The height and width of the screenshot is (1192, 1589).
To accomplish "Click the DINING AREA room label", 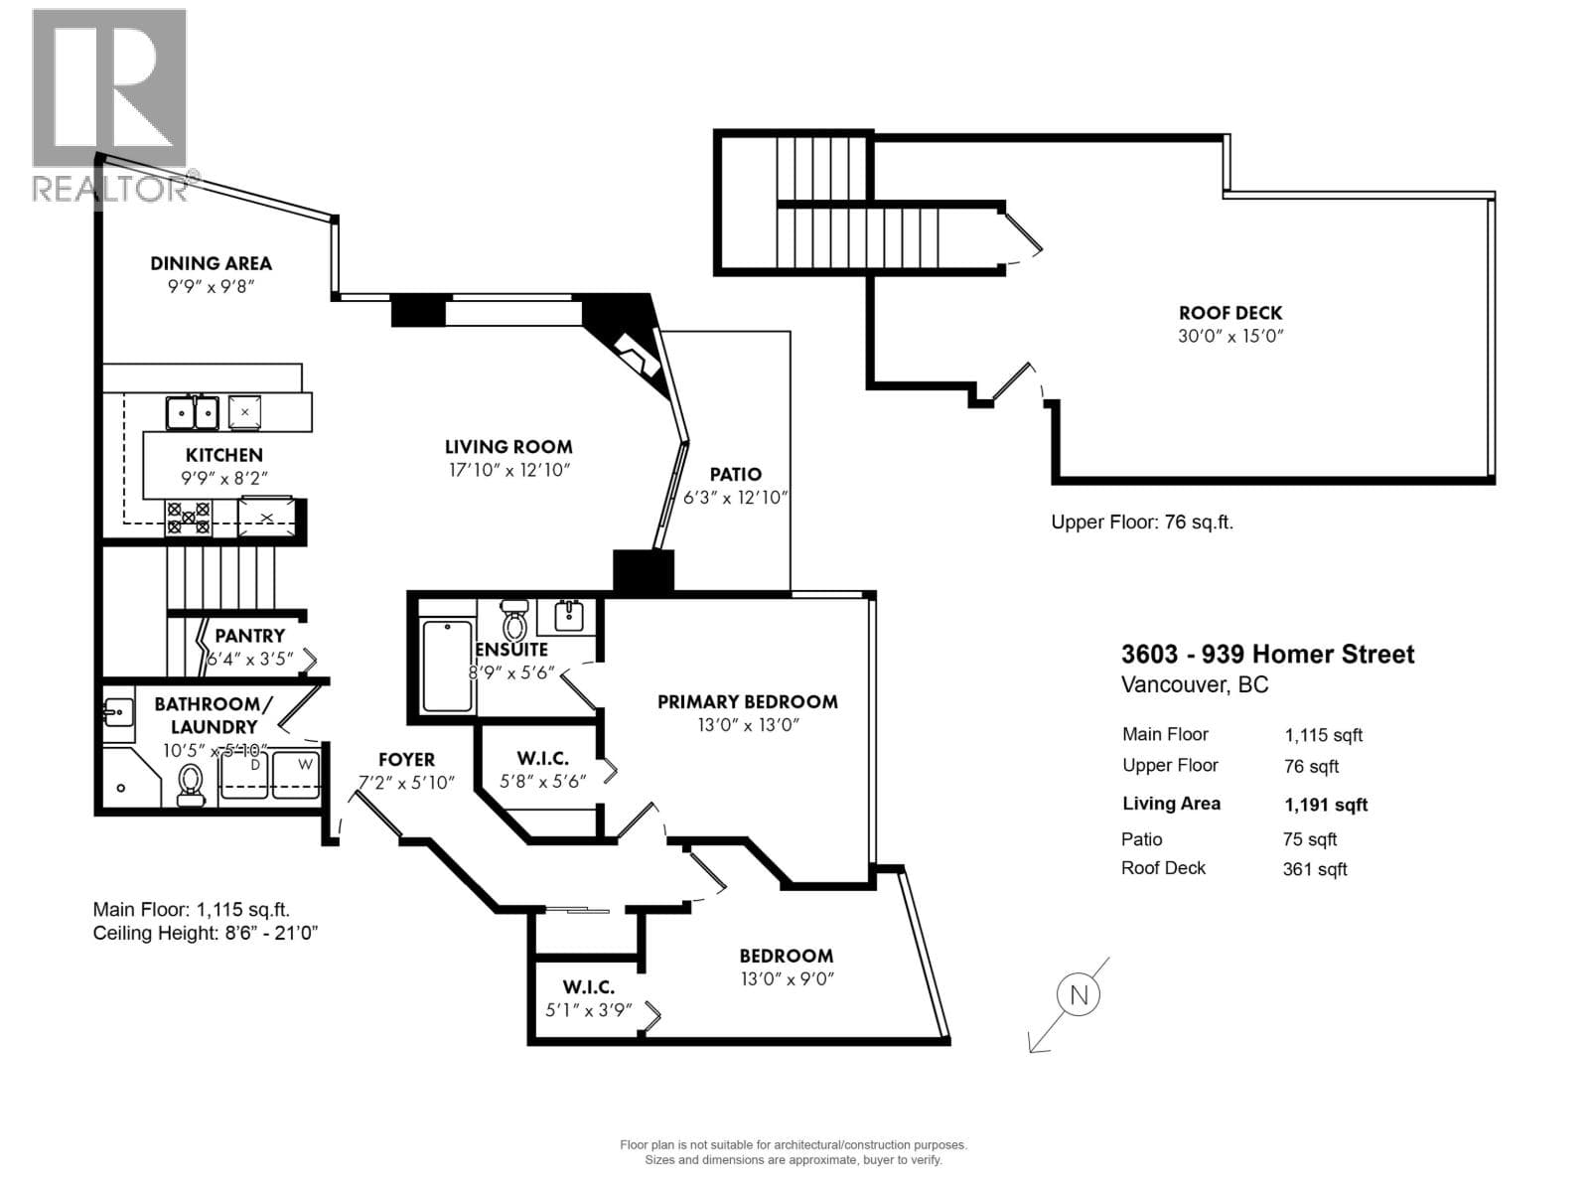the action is tap(211, 263).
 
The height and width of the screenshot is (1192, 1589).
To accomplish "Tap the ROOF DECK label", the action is tap(1229, 313).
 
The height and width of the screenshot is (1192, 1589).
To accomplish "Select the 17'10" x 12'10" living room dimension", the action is tap(508, 471).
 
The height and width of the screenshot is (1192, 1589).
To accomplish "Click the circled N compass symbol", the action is tap(1078, 994).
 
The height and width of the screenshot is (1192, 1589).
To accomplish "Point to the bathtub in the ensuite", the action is tap(447, 666).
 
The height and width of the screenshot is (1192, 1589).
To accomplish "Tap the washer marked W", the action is tap(295, 774).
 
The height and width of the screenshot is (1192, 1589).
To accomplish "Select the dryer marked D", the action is tap(244, 774).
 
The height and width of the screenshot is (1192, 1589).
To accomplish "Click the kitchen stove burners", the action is tap(189, 518).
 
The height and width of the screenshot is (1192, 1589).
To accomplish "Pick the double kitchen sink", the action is tap(193, 413).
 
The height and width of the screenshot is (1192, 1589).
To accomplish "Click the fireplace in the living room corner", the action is tap(638, 356).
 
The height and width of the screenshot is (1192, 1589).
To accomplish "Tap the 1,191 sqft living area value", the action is tap(1326, 805).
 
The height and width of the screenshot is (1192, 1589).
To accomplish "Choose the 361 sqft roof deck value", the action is tap(1315, 869).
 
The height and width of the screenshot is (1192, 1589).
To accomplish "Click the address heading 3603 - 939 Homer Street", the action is tap(1267, 655).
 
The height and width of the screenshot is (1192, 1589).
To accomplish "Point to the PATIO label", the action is tap(736, 474).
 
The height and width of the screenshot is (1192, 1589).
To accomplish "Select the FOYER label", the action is tap(407, 759).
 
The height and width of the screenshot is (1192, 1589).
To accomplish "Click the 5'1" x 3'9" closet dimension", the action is tap(589, 1009).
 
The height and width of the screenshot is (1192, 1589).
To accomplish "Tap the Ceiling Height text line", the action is tap(206, 933).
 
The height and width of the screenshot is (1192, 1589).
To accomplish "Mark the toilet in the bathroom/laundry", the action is tap(191, 786).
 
